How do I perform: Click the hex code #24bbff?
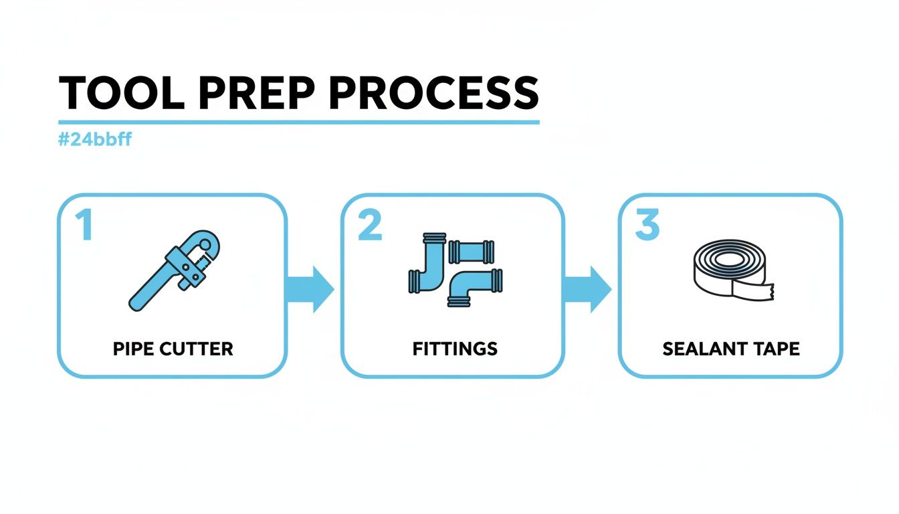point(94,141)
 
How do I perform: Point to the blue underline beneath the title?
point(298,122)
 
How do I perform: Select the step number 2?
point(370,226)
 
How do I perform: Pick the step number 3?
point(647,226)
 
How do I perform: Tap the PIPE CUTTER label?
point(173,349)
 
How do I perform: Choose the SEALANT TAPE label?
point(730,349)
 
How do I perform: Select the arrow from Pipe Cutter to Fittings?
point(312,288)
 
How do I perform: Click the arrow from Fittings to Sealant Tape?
point(589,288)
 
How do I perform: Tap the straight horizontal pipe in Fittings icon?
point(472,252)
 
